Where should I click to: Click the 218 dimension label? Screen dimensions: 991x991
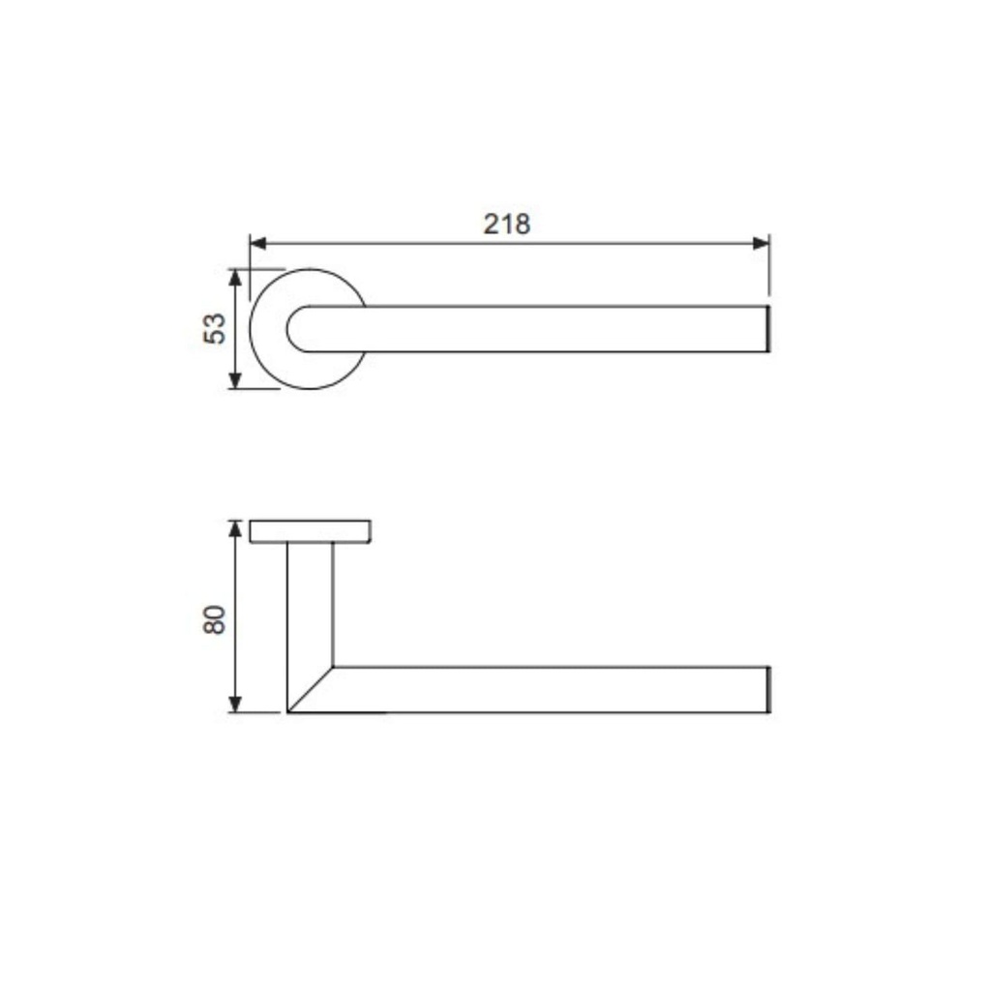pyautogui.click(x=507, y=224)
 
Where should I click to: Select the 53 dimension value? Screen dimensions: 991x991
pyautogui.click(x=215, y=329)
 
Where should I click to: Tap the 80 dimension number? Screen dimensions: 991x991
pyautogui.click(x=215, y=619)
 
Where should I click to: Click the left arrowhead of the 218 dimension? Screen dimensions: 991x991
pyautogui.click(x=257, y=243)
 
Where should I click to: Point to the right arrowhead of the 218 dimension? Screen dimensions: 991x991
pyautogui.click(x=762, y=243)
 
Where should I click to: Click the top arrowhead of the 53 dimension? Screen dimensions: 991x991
pyautogui.click(x=235, y=278)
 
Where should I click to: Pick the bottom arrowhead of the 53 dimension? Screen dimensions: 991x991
pyautogui.click(x=235, y=380)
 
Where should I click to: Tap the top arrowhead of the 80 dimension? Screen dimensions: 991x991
pyautogui.click(x=235, y=528)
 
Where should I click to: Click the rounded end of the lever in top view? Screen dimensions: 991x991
pyautogui.click(x=286, y=329)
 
